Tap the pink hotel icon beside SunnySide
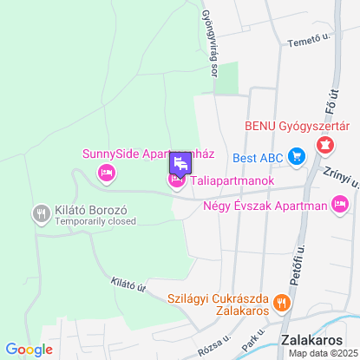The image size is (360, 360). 108,173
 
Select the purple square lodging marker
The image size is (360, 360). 180,162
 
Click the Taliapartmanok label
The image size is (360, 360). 232,180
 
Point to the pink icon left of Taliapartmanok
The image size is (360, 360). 176,180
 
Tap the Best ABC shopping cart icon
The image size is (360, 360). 297,158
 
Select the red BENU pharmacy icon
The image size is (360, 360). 325,145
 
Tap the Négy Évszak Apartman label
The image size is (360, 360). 276,206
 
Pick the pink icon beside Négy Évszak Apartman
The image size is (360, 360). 340,206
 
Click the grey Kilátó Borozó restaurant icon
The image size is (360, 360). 41,213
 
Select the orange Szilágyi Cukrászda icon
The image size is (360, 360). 280,303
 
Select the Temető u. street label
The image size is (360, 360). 311,39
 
